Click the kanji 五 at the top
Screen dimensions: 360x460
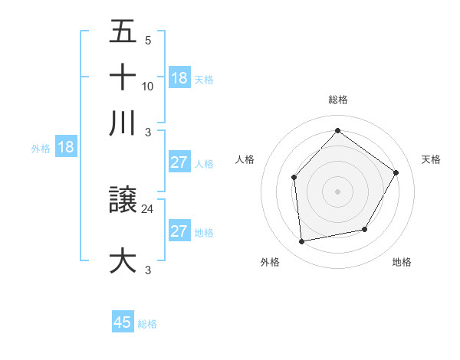pyautogui.click(x=123, y=32)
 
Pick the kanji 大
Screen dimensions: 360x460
pyautogui.click(x=123, y=260)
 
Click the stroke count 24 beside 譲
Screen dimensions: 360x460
pyautogui.click(x=148, y=208)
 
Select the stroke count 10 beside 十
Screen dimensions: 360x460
pyautogui.click(x=148, y=86)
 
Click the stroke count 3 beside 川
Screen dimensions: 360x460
pyautogui.click(x=148, y=130)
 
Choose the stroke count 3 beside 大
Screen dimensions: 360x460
pyautogui.click(x=148, y=270)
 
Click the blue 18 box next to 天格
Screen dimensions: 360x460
pyautogui.click(x=179, y=78)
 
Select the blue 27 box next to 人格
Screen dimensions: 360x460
pyautogui.click(x=179, y=163)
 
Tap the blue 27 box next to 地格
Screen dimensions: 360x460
pyautogui.click(x=179, y=232)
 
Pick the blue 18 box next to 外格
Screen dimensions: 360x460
pyautogui.click(x=66, y=148)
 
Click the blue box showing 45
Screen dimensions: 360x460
pyautogui.click(x=123, y=322)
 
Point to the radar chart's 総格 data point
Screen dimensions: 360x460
pyautogui.click(x=337, y=130)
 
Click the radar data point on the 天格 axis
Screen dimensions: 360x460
pyautogui.click(x=396, y=172)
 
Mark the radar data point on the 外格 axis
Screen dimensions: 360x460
pyautogui.click(x=302, y=241)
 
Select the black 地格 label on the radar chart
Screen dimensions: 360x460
pyautogui.click(x=402, y=263)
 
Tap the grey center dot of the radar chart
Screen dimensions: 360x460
pyautogui.click(x=337, y=191)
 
